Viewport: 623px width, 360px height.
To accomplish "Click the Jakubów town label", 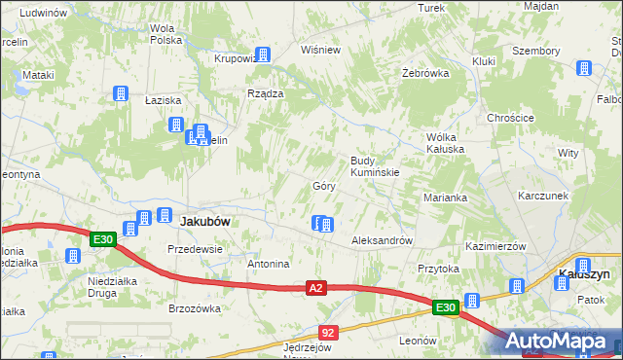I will (205, 222).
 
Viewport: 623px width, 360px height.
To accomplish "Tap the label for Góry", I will (324, 186).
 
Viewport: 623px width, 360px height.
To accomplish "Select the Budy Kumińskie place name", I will (375, 165).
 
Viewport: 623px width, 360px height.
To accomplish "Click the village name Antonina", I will (269, 264).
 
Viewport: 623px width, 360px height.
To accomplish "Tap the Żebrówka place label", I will (424, 73).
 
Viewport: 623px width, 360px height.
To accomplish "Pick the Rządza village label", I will (265, 93).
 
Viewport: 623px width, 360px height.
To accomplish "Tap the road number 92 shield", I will (328, 333).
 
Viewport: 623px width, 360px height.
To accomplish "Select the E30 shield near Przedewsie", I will (103, 239).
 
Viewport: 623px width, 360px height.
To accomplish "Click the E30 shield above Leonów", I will (446, 308).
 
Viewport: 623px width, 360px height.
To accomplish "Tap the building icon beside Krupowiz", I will (262, 55).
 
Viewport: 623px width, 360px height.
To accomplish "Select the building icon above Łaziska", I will (121, 94).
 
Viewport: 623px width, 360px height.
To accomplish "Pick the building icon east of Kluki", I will (584, 69).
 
